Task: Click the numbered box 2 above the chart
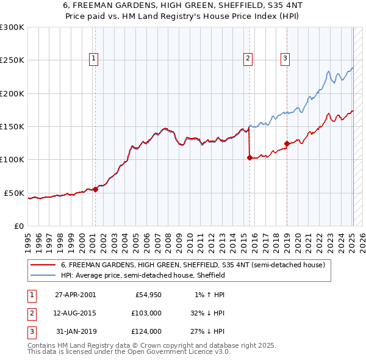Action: pos(248,59)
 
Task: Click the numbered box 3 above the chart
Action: pos(285,59)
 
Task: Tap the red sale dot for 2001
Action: pos(95,189)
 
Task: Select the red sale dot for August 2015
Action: pos(249,157)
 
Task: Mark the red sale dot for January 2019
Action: pos(287,143)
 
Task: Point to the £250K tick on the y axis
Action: pos(12,60)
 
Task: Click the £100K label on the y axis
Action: pos(12,159)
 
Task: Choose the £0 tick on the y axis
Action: pos(18,226)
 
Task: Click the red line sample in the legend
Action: pos(43,265)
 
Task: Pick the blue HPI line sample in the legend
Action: pos(43,276)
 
